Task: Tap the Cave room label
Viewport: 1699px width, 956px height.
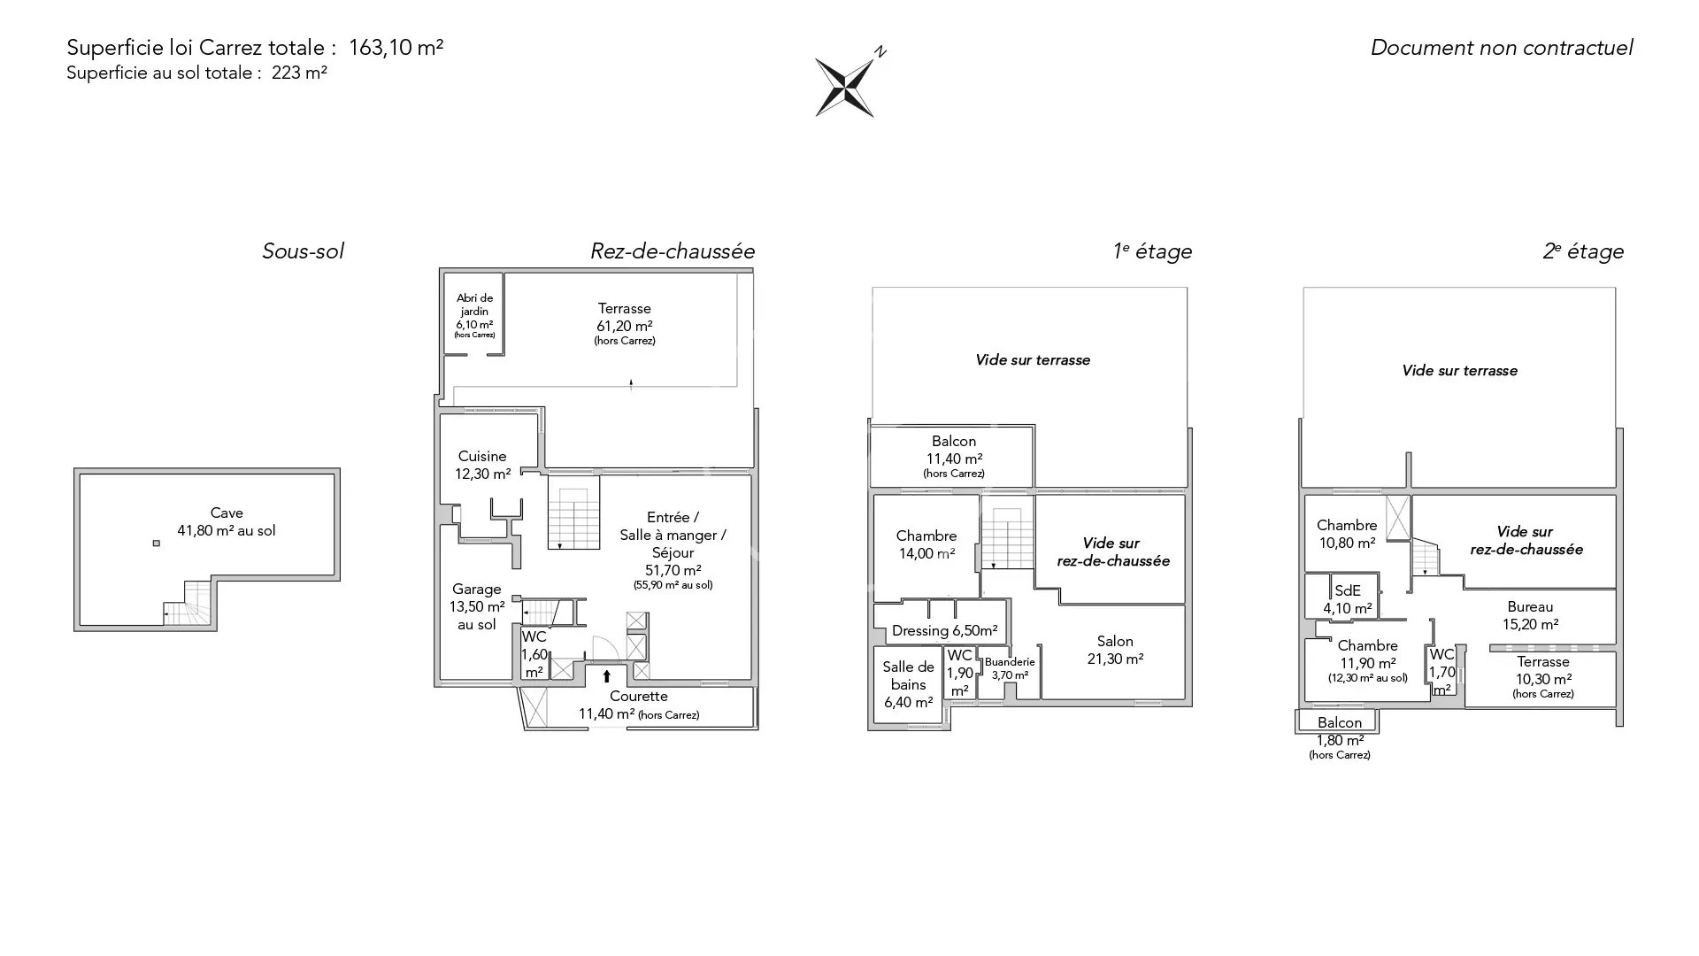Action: (x=227, y=521)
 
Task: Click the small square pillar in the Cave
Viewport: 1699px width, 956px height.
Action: (x=157, y=544)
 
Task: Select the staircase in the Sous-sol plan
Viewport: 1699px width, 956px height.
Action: (x=188, y=604)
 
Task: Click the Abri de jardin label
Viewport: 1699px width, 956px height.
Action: (x=474, y=316)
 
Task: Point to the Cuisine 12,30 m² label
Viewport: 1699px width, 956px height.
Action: (x=482, y=465)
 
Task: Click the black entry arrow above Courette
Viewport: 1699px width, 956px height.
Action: (x=607, y=677)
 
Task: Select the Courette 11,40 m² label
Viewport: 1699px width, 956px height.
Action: (x=639, y=705)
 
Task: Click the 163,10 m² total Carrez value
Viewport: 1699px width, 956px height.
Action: (x=396, y=48)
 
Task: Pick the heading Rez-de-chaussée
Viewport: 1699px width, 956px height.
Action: (x=673, y=251)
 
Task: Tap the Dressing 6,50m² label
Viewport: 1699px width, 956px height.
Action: (x=944, y=631)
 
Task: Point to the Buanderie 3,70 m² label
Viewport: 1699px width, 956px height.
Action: (x=1010, y=668)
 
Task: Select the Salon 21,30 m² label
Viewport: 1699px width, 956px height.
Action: (x=1115, y=650)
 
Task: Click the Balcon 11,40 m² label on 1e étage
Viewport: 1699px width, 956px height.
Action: (x=954, y=456)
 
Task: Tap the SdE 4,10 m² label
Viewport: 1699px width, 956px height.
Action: (x=1348, y=599)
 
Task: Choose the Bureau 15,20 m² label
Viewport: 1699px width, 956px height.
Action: (x=1530, y=615)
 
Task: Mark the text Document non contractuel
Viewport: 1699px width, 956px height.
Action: (x=1502, y=48)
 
